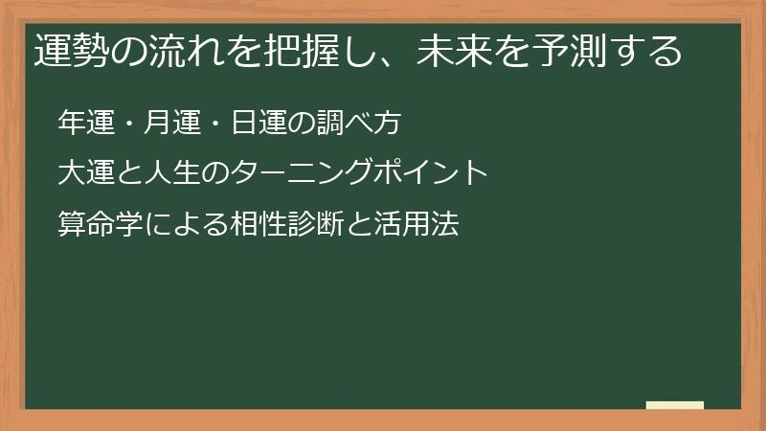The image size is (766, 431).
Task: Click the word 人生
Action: (169, 173)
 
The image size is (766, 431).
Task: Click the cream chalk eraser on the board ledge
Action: (675, 405)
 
